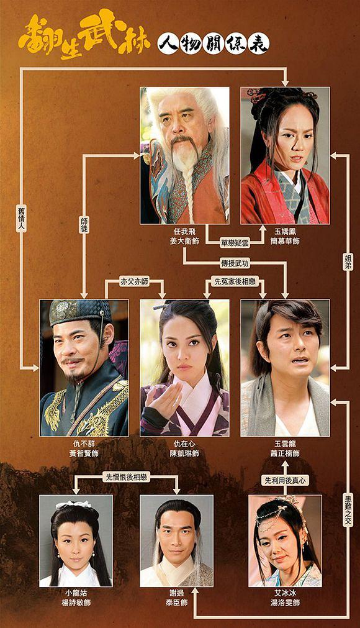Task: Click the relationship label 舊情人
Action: pos(22,219)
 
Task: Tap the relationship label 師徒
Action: pos(84,225)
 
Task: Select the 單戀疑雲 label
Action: pos(235,242)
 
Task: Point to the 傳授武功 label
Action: pos(235,263)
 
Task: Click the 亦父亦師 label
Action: pos(135,281)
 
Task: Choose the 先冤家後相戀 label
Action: pos(235,281)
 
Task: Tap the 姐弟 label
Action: pos(348,261)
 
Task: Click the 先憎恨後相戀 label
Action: pos(126,477)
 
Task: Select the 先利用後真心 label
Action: pos(285,480)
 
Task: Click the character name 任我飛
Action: pos(184,232)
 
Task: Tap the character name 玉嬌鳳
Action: pos(285,232)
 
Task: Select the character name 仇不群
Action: pos(84,444)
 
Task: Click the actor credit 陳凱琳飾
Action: pos(184,453)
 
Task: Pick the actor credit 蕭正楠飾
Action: pos(285,453)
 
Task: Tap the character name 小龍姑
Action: pos(76,593)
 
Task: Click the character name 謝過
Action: pos(176,593)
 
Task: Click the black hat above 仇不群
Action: pos(79,312)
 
